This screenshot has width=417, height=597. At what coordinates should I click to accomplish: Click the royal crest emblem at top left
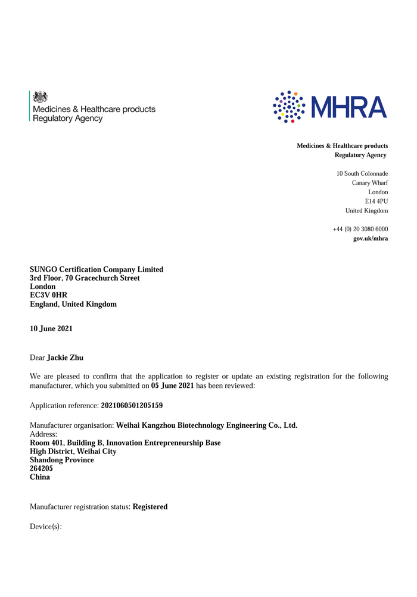tap(40, 97)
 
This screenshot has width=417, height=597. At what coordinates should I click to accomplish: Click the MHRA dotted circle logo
tap(289, 107)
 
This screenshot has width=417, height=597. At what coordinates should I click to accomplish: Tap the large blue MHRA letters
tap(350, 107)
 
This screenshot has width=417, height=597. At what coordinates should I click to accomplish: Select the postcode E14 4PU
tap(376, 201)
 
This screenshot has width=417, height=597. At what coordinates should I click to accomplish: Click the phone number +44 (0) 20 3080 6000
tap(360, 229)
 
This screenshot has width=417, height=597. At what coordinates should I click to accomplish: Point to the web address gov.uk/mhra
tap(371, 238)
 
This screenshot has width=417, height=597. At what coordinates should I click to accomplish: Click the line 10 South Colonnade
tap(362, 173)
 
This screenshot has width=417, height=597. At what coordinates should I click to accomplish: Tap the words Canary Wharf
tap(370, 183)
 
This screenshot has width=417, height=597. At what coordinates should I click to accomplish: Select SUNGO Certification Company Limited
tap(97, 270)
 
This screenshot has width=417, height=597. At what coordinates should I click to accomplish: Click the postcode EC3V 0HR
tap(48, 296)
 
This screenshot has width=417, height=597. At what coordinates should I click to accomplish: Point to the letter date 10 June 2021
tap(51, 328)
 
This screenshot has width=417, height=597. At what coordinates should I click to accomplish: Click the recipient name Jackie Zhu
tap(65, 357)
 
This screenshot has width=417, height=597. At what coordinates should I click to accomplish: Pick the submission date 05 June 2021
tap(172, 386)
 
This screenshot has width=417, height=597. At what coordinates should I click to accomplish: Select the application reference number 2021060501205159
tap(132, 405)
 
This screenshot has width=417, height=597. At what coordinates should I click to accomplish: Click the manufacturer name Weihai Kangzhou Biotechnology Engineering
tap(206, 425)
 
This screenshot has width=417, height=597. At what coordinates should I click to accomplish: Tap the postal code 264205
tap(41, 469)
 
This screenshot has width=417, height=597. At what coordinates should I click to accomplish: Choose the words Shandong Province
tap(62, 460)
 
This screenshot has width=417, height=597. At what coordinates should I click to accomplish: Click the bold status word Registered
tap(150, 507)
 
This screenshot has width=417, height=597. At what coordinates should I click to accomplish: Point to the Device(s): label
tap(46, 527)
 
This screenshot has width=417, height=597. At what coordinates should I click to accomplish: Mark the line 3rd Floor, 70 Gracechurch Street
tap(85, 278)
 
